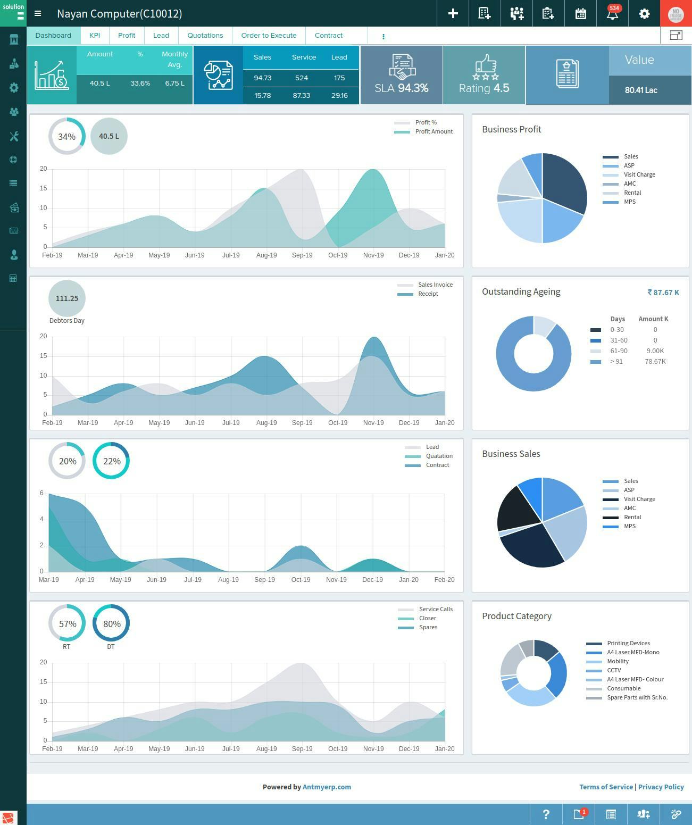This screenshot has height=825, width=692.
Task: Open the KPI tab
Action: click(x=95, y=36)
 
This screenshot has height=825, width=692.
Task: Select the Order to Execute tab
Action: click(x=269, y=36)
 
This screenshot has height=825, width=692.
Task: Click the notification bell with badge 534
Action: click(x=612, y=13)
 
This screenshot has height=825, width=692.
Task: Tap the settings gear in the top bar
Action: click(x=644, y=13)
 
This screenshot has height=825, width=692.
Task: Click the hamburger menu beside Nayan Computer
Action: click(x=38, y=13)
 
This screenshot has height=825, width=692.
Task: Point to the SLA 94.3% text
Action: click(x=402, y=88)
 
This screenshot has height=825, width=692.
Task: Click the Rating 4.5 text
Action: click(x=484, y=88)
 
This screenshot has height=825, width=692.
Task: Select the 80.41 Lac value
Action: click(x=641, y=90)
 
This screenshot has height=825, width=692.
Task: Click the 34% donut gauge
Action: click(x=66, y=137)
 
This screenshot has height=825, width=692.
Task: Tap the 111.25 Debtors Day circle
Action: click(x=66, y=298)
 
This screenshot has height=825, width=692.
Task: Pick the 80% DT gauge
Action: click(x=111, y=623)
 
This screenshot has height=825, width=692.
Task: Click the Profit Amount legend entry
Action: click(x=433, y=132)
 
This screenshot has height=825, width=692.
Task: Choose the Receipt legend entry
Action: click(x=428, y=294)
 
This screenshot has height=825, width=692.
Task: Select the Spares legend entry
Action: click(x=428, y=628)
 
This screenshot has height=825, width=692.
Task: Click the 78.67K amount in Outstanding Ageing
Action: click(x=655, y=362)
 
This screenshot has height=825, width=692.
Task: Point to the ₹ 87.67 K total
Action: click(x=663, y=293)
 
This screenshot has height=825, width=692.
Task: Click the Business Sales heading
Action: click(x=511, y=454)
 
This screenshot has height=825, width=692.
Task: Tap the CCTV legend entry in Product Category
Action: click(x=614, y=671)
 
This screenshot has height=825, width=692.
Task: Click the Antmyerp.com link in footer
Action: click(x=327, y=787)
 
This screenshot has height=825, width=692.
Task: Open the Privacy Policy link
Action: click(x=661, y=787)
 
